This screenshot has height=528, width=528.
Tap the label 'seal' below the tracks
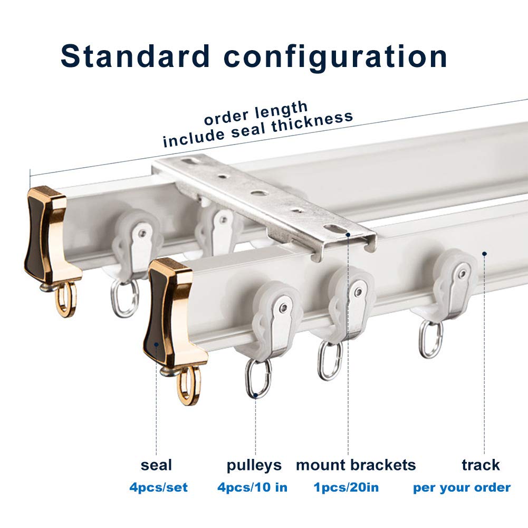coord(156,465)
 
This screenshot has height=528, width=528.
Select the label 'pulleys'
coord(254,466)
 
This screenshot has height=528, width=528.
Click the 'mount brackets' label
coord(356,465)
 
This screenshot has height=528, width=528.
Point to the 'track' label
coord(481,465)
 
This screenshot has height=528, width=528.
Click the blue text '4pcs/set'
coord(158,487)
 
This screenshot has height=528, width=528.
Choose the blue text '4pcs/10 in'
coord(252,487)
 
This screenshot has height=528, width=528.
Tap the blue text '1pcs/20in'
coord(345,487)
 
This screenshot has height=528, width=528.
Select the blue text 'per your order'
coord(462,487)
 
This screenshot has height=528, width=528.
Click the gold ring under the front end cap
coord(188,386)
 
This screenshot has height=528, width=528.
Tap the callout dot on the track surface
coord(484,254)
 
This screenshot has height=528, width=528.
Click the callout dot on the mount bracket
coord(348,234)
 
